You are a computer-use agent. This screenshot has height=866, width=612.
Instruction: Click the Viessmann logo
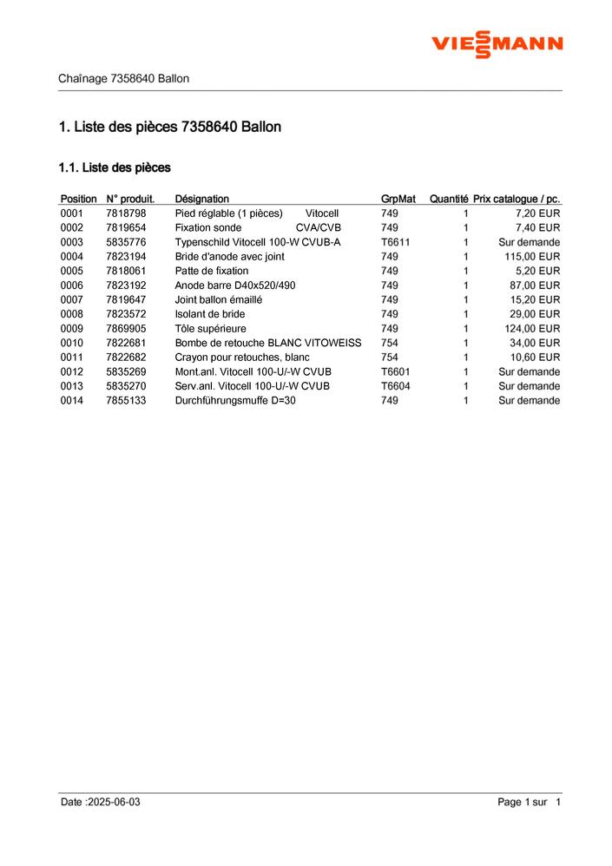click(497, 43)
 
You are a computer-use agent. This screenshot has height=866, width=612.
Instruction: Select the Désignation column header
click(201, 199)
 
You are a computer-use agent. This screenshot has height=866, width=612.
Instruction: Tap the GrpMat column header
click(398, 199)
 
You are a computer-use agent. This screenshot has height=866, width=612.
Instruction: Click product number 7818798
click(126, 213)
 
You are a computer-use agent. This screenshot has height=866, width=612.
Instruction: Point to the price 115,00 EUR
click(532, 257)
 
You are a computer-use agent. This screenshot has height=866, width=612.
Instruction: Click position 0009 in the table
click(72, 329)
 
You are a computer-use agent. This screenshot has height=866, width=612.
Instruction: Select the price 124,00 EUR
click(532, 329)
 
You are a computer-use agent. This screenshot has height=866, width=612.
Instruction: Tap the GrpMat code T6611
click(395, 242)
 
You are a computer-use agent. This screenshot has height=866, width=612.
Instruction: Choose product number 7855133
click(126, 400)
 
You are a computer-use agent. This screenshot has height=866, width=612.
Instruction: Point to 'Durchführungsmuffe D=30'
click(235, 400)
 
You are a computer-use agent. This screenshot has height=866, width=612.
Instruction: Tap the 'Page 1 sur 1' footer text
click(530, 802)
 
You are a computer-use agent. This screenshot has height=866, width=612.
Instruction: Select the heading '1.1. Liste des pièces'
click(115, 167)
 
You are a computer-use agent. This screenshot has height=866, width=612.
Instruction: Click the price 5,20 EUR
click(538, 271)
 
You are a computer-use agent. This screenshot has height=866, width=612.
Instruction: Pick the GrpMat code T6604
click(395, 386)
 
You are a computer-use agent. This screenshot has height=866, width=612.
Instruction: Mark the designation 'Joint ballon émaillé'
click(219, 299)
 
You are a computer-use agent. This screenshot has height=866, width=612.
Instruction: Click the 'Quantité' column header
click(449, 199)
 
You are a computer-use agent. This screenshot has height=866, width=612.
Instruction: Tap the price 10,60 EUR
click(536, 358)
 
